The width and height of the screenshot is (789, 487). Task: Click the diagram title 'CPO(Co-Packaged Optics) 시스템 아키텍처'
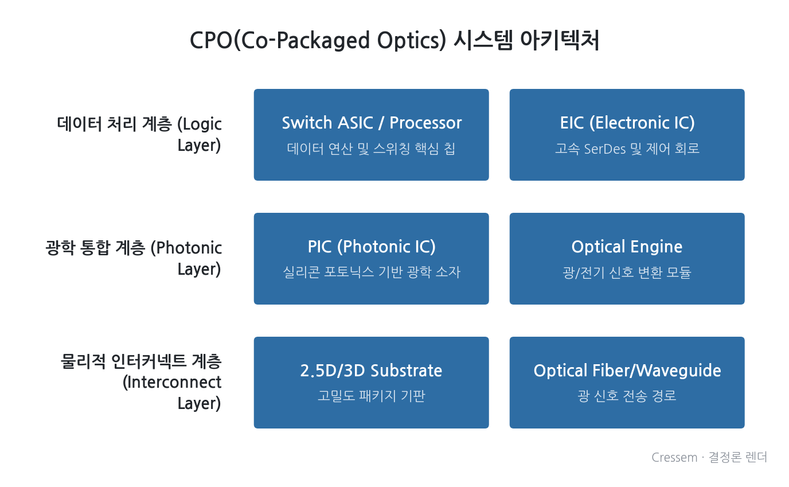(394, 40)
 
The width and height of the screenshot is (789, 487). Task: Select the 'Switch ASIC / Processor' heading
(372, 123)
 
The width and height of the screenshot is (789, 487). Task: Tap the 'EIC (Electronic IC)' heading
(627, 123)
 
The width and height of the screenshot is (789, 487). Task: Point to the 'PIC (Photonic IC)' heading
(372, 247)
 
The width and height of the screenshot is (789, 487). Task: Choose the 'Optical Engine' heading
(627, 247)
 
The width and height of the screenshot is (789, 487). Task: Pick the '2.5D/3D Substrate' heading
(371, 371)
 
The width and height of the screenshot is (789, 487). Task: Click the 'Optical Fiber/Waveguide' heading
(627, 371)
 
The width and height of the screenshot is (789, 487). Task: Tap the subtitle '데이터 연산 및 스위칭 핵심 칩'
(371, 149)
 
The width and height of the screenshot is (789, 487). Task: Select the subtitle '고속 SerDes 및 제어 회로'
(627, 149)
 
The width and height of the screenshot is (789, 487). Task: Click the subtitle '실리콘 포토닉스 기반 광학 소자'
(372, 272)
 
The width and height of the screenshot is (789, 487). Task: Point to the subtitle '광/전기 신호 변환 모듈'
(627, 272)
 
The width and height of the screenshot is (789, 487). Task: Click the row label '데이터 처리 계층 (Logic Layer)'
(139, 135)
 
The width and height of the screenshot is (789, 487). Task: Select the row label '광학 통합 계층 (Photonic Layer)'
(134, 259)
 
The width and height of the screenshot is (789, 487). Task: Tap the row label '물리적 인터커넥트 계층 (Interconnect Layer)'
(141, 383)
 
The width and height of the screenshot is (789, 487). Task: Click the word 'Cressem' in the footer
(674, 458)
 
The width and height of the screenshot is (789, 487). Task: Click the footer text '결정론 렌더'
(738, 457)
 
